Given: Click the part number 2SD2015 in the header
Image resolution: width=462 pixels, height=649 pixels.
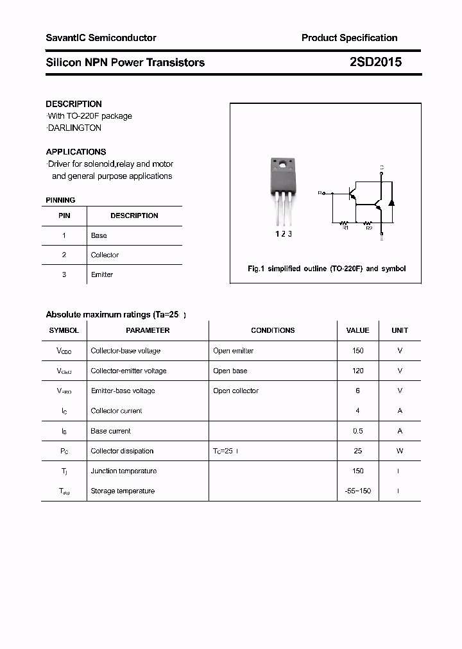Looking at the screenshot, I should point(375,62).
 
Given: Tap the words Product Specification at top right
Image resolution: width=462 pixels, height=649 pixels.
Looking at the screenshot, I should point(349,38).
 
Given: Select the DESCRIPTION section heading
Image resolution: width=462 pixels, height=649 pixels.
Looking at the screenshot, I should point(74,104).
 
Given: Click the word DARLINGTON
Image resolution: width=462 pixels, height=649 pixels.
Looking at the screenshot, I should point(74,128).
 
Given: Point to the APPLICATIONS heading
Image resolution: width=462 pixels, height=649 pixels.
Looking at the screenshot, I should point(76,152).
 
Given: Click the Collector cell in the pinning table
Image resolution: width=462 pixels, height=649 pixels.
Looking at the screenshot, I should point(105,255).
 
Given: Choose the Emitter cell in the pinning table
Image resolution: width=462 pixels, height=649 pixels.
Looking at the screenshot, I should point(102,274).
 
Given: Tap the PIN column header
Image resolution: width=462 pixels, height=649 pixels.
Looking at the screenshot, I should point(64,215).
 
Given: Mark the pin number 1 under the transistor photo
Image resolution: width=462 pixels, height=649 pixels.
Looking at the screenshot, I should point(277,234).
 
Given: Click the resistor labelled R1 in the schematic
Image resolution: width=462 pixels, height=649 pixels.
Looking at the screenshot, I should point(344,223).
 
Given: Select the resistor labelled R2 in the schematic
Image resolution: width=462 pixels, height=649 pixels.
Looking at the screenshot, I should point(368,223).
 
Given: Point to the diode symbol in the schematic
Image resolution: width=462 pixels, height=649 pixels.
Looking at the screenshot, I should point(391,202).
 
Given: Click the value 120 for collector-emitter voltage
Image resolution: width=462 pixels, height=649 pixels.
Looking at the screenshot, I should point(357,371).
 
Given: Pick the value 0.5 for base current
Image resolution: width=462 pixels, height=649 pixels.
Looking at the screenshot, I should point(357,431).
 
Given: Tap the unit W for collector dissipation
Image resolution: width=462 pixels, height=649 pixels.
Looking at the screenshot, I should point(400,451).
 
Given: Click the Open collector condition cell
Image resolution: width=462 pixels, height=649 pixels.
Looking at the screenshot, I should point(236,391).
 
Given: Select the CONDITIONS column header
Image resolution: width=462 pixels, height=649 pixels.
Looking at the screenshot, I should point(273,330).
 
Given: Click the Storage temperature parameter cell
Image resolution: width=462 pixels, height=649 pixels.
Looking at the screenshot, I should point(123,491).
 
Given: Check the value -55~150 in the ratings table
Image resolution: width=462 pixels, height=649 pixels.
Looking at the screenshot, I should point(357,491).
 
